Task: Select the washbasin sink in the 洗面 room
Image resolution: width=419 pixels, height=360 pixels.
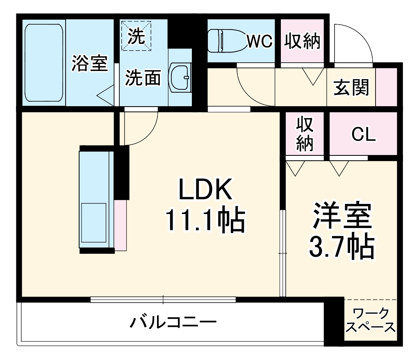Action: tap(180, 77)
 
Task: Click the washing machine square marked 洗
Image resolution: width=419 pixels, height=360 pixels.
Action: tap(136, 36)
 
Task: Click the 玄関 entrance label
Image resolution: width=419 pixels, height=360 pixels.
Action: tap(351, 87)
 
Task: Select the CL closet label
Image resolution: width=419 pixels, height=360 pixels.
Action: tap(364, 134)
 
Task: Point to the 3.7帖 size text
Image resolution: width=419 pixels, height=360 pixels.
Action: tap(341, 246)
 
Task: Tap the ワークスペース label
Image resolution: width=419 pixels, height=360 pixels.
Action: tap(371, 321)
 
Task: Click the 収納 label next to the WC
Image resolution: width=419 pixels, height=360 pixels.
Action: tap(303, 41)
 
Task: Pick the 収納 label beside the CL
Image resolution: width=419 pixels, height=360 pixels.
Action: tap(305, 134)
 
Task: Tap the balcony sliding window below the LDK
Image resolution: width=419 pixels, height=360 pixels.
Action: tap(163, 299)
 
